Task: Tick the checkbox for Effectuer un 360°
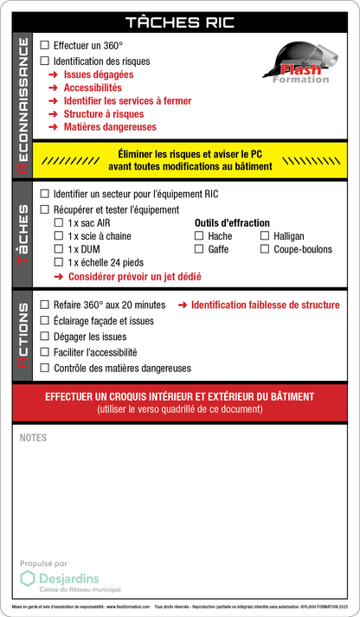click(46, 44)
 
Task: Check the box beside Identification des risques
click(46, 61)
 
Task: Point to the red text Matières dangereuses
click(110, 126)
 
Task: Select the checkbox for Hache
click(199, 235)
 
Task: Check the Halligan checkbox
click(265, 235)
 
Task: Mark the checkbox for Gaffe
click(199, 249)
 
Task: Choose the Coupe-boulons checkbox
click(265, 249)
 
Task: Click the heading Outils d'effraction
click(232, 222)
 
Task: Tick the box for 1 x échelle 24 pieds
click(59, 262)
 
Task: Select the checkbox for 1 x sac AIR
click(59, 222)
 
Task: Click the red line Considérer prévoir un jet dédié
click(134, 277)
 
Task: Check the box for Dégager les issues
click(46, 337)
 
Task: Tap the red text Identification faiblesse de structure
click(265, 305)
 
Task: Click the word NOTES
click(33, 438)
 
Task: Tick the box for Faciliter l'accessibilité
click(46, 352)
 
